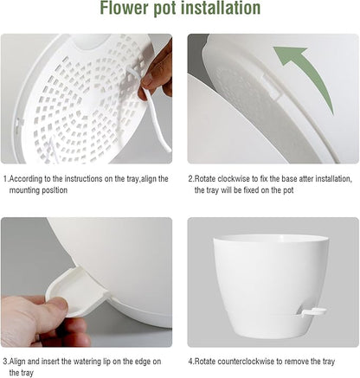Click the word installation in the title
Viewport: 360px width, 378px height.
pyautogui.click(x=219, y=10)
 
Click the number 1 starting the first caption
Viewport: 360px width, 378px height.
pyautogui.click(x=4, y=179)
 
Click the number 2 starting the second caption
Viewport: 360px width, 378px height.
pyautogui.click(x=190, y=179)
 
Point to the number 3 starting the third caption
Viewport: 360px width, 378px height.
pyautogui.click(x=4, y=362)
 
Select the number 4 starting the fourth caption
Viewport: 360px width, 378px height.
pyautogui.click(x=190, y=362)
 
